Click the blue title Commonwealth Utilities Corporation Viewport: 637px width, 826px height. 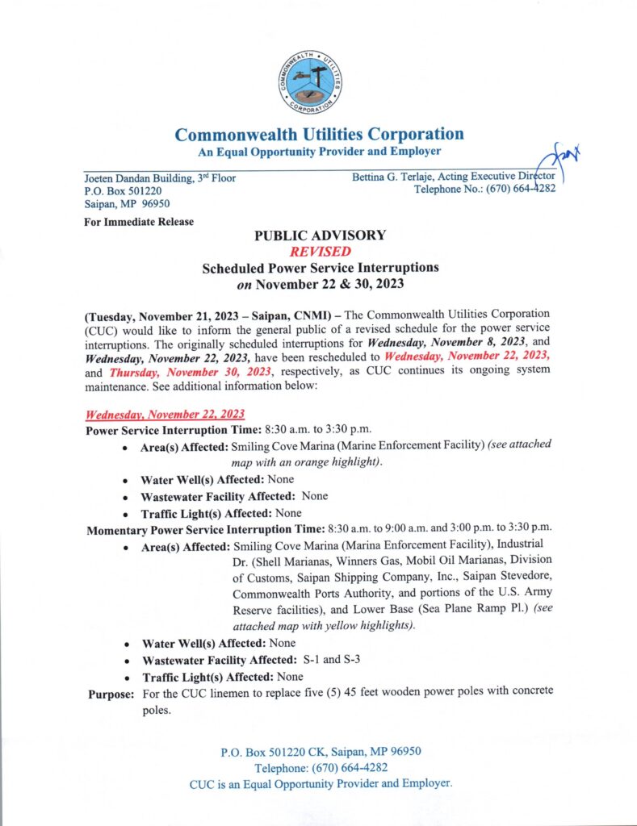coord(320,134)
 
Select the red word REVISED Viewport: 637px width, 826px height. coord(320,252)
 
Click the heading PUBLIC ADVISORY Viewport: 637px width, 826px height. coord(320,236)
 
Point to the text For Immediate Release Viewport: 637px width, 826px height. coord(138,222)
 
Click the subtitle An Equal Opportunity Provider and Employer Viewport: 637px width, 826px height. coord(320,152)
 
